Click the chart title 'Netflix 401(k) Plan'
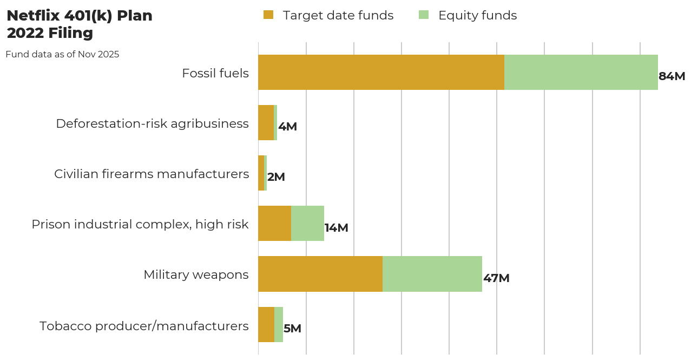click(x=80, y=16)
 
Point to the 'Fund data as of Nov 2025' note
click(x=62, y=54)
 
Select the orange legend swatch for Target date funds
click(x=268, y=15)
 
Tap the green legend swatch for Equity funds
click(x=424, y=15)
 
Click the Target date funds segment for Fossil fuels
click(x=381, y=72)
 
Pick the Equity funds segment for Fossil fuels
click(x=581, y=72)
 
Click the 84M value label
click(x=672, y=76)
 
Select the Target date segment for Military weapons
click(x=320, y=274)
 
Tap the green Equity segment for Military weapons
click(x=432, y=274)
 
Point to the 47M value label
click(x=496, y=278)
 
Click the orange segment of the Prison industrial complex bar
click(x=274, y=223)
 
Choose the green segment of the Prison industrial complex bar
click(x=307, y=223)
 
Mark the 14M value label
click(x=336, y=228)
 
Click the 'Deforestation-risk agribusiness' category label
click(x=152, y=123)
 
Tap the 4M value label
click(x=287, y=127)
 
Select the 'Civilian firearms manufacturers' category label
click(x=152, y=174)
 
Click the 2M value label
click(x=276, y=177)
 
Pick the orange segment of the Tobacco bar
click(x=266, y=324)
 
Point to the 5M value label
click(x=292, y=329)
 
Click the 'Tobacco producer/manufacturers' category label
click(x=144, y=326)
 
